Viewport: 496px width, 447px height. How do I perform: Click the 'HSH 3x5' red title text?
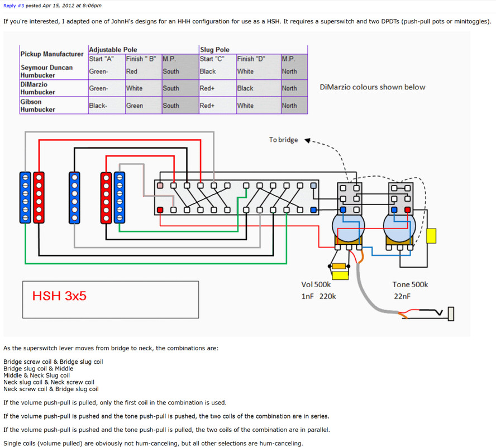pyautogui.click(x=59, y=296)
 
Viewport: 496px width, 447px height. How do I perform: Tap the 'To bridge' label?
pyautogui.click(x=283, y=140)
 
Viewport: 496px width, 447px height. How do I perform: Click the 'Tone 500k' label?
pyautogui.click(x=410, y=284)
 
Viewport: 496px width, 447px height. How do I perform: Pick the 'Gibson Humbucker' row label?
pyautogui.click(x=38, y=106)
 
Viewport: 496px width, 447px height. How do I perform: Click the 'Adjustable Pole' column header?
pyautogui.click(x=112, y=50)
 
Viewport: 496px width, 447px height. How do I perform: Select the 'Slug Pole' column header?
pyautogui.click(x=214, y=50)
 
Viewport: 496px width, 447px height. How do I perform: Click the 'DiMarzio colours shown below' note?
pyautogui.click(x=373, y=87)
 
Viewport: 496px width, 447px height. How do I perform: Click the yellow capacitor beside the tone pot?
pyautogui.click(x=431, y=236)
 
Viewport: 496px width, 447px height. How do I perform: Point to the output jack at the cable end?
pyautogui.click(x=450, y=314)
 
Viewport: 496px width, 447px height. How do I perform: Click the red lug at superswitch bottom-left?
pyautogui.click(x=160, y=210)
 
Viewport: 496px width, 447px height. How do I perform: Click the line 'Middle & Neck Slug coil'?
pyautogui.click(x=36, y=375)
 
